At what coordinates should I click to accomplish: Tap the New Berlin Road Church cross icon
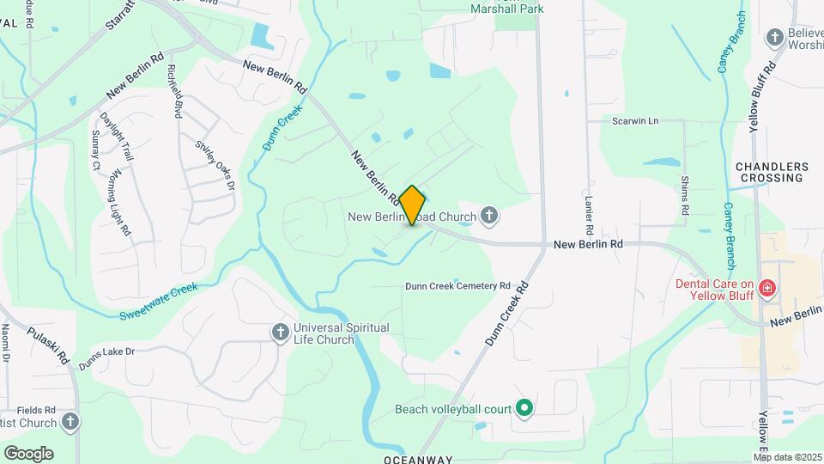(489, 215)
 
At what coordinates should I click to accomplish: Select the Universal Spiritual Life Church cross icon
(280, 333)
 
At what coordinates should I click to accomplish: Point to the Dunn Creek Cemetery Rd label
(457, 285)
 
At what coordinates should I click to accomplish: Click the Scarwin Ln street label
(634, 121)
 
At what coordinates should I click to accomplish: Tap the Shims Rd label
(685, 195)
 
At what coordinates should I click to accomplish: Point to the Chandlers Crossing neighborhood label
(772, 172)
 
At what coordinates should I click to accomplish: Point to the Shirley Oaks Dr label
(215, 165)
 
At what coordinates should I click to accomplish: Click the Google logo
(28, 453)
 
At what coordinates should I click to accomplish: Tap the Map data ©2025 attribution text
(787, 456)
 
